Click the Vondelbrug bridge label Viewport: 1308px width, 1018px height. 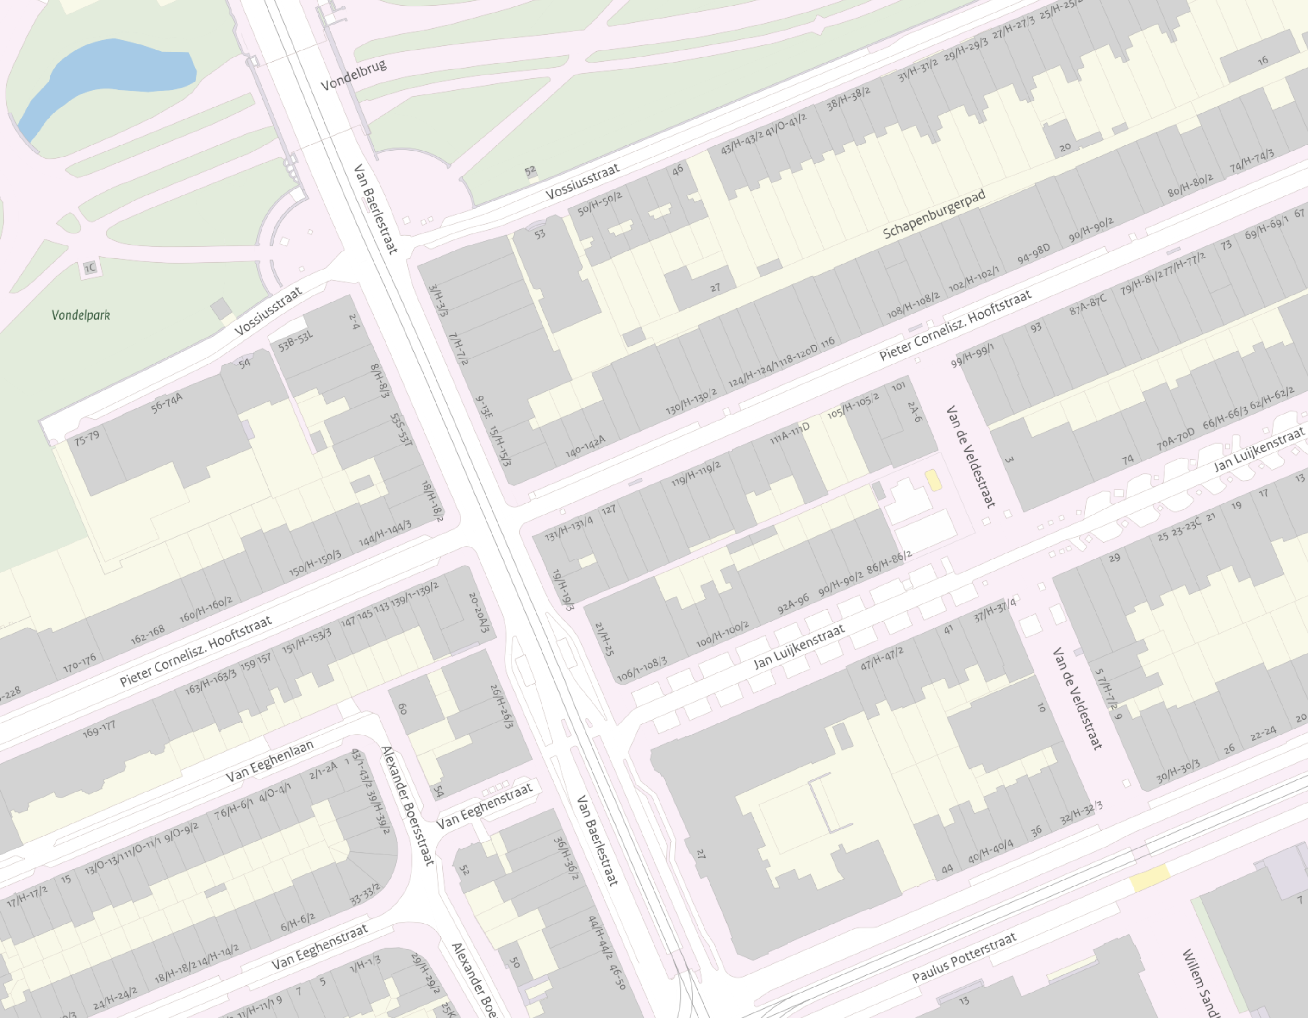353,75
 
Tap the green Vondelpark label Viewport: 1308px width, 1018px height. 81,314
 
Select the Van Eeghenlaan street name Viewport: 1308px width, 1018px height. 269,761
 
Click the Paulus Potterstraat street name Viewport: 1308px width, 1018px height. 964,957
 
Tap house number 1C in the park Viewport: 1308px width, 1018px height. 90,268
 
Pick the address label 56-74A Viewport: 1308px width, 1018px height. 167,402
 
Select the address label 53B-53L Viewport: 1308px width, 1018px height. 296,341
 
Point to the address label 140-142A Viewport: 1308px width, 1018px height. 585,446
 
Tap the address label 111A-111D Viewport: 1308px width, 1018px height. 789,433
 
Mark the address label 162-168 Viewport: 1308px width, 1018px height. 147,635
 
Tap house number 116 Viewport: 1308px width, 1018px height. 827,343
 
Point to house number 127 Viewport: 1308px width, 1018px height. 609,510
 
